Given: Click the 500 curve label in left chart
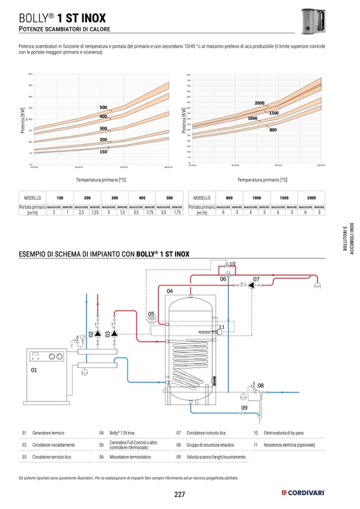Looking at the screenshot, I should click(103, 108).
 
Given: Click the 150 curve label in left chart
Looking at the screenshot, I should click(103, 152).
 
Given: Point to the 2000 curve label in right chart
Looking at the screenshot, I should click(259, 103).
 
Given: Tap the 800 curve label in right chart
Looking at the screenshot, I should click(273, 130).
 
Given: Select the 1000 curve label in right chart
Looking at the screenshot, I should click(252, 118).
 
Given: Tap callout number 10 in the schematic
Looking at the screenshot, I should click(232, 264).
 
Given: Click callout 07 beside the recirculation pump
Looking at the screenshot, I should click(256, 279).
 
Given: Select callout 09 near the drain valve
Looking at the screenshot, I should click(244, 408).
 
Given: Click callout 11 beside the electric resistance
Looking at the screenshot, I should click(222, 327).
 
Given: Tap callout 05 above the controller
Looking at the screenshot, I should click(151, 313).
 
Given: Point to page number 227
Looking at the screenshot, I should click(179, 495).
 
